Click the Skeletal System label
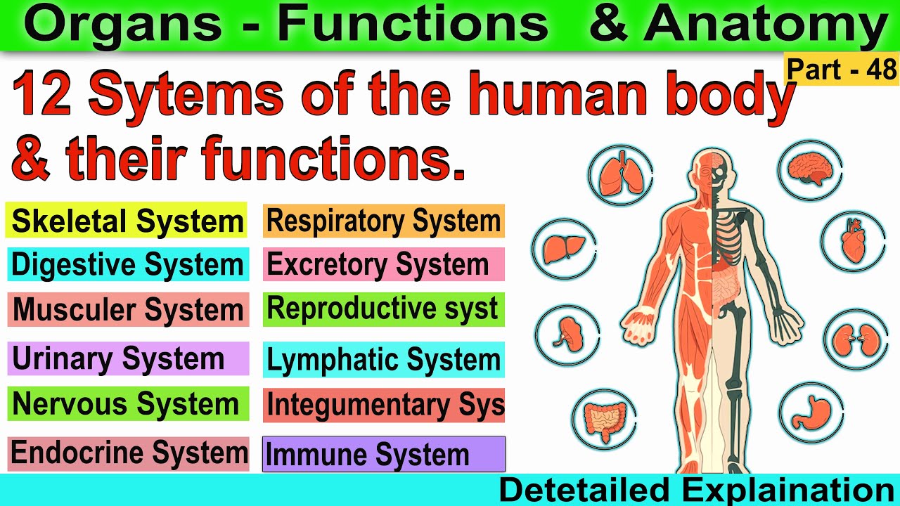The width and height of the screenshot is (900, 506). (x=127, y=221)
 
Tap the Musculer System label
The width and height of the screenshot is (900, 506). (x=128, y=310)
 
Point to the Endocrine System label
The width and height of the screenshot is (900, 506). (x=128, y=453)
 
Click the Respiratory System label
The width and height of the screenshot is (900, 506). (x=384, y=221)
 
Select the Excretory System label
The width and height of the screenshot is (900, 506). (x=384, y=265)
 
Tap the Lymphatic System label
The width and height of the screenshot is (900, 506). (x=384, y=360)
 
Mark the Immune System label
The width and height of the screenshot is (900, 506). (x=384, y=455)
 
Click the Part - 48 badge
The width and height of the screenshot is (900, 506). (x=842, y=70)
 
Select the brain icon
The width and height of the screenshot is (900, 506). (x=810, y=169)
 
